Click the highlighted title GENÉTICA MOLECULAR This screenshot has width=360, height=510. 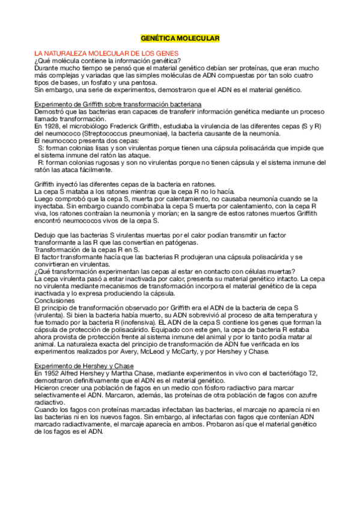pyautogui.click(x=180, y=38)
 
